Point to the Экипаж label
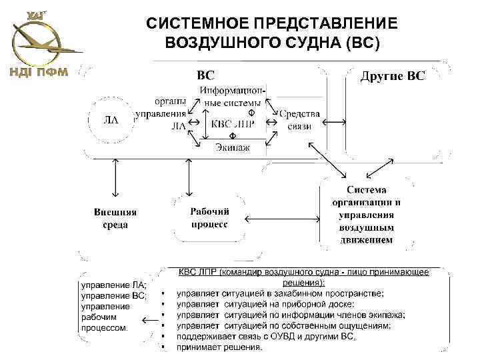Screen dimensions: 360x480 click(x=233, y=148)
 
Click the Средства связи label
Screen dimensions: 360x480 click(x=299, y=119)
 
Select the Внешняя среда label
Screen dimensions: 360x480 click(x=115, y=219)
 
